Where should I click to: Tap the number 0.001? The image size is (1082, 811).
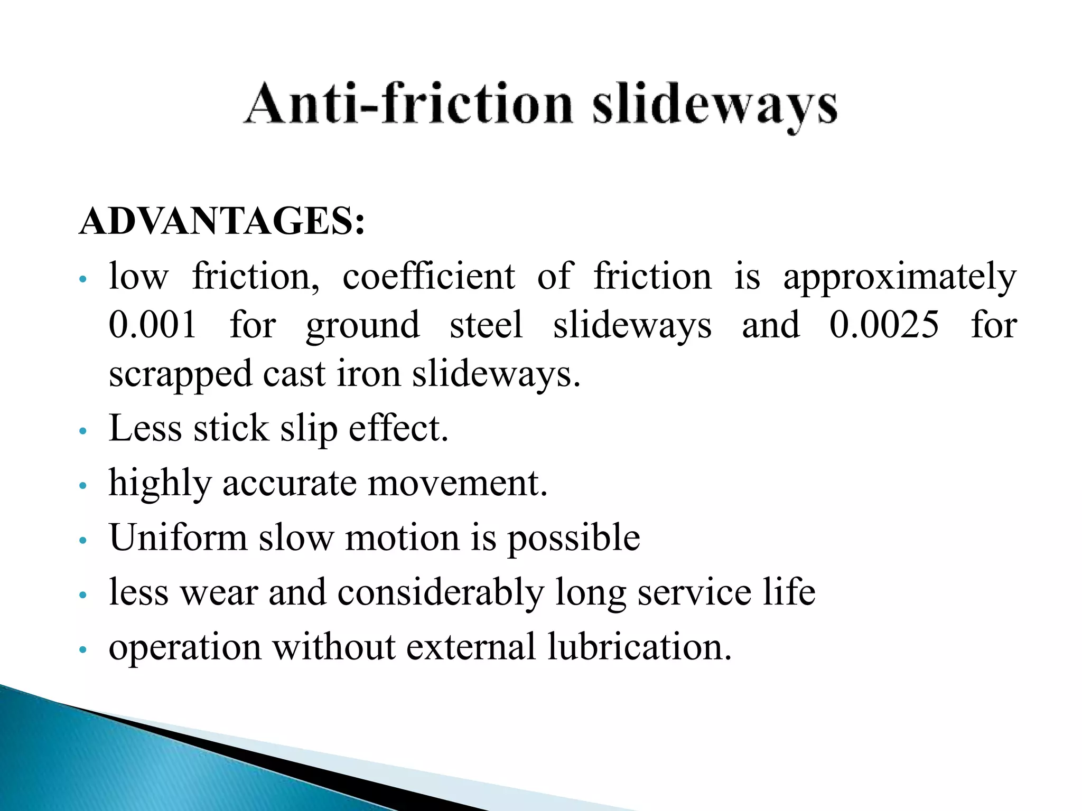[153, 324]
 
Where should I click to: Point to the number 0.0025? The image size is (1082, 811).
[884, 324]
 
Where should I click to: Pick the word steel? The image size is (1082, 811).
[486, 324]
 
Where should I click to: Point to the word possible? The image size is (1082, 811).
[574, 539]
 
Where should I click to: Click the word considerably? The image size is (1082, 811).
[441, 592]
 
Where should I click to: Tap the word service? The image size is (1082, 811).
[694, 592]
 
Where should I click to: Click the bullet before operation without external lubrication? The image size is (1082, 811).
[82, 650]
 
